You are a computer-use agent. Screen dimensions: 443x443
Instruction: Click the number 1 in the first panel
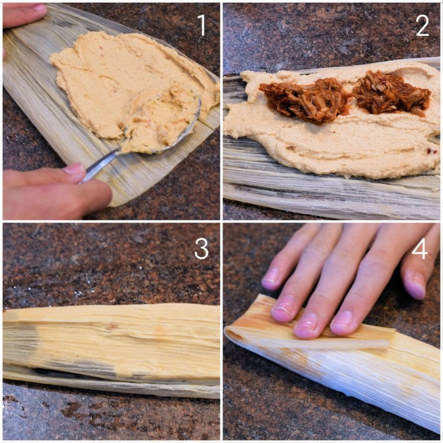[x=201, y=25]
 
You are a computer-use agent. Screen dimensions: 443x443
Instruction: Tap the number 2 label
[x=422, y=25]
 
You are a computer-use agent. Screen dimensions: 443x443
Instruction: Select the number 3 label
[x=201, y=248]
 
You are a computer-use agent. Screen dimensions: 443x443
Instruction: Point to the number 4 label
[x=420, y=248]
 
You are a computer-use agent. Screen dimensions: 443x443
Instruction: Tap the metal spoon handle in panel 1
[x=101, y=164]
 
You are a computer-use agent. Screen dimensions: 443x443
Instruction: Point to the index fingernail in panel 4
[x=342, y=321]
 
